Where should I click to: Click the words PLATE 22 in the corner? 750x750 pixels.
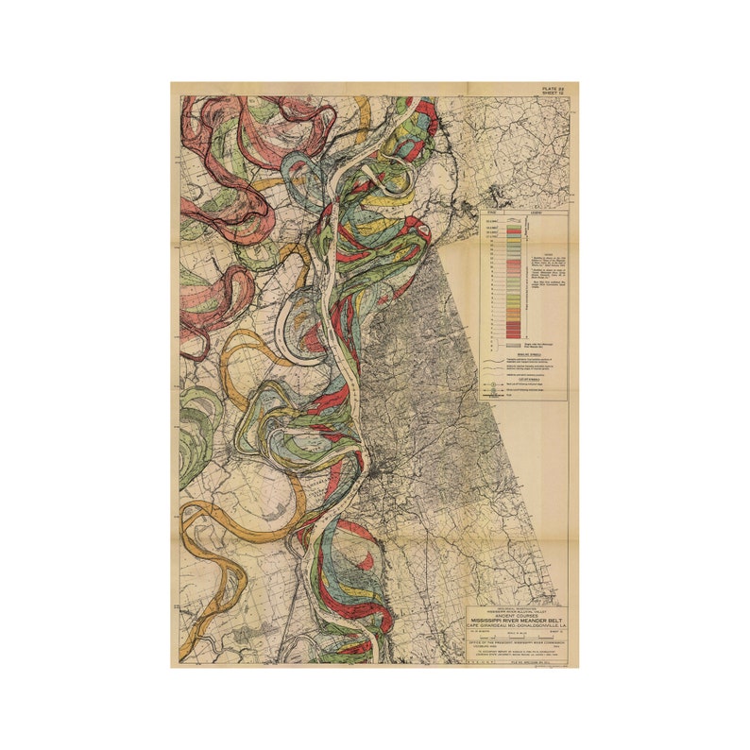click(554, 88)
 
